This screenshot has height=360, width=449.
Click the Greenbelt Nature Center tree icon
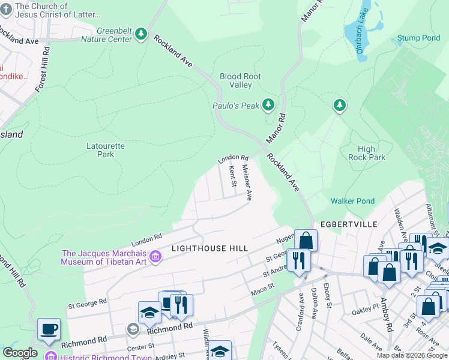pyautogui.click(x=141, y=34)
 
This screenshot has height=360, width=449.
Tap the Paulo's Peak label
pyautogui.click(x=236, y=106)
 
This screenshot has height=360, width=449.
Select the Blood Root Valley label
pyautogui.click(x=240, y=80)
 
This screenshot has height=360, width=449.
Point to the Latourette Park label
pyautogui.click(x=97, y=149)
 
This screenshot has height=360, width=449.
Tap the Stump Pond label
pyautogui.click(x=418, y=38)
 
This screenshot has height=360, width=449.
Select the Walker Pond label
pyautogui.click(x=352, y=202)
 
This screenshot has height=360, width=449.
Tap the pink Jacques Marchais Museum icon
pyautogui.click(x=155, y=257)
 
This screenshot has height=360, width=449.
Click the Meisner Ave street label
pyautogui.click(x=246, y=182)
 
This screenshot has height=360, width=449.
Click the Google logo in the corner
pyautogui.click(x=20, y=353)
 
